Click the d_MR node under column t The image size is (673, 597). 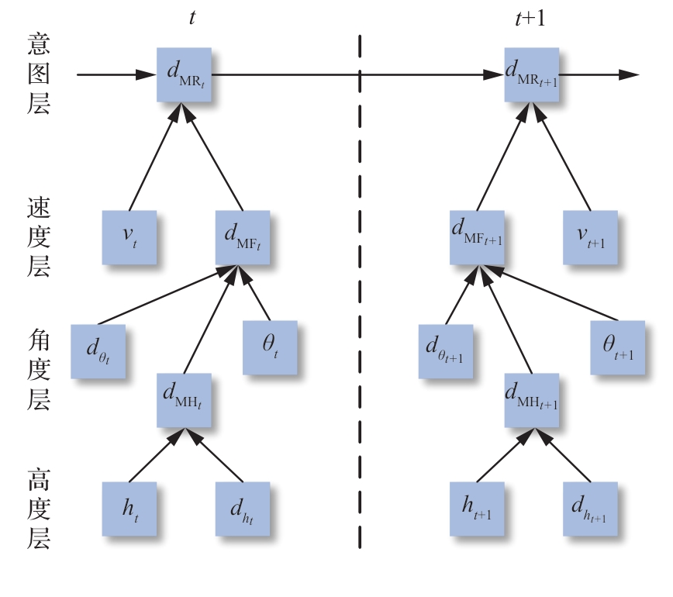tap(184, 74)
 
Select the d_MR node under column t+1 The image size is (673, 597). tap(532, 74)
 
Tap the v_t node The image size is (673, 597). tap(129, 236)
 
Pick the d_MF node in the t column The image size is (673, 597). tap(243, 236)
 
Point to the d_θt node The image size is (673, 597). tap(98, 350)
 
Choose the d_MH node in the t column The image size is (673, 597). tap(184, 400)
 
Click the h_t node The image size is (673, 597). tap(129, 509)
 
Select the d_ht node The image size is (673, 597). tap(243, 509)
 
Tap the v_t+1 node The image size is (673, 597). tap(591, 236)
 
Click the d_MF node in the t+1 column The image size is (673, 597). tap(477, 236)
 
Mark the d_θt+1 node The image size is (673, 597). tap(446, 350)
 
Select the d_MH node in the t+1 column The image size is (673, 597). tap(532, 400)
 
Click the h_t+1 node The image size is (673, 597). tap(477, 509)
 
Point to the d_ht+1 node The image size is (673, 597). tap(591, 509)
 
